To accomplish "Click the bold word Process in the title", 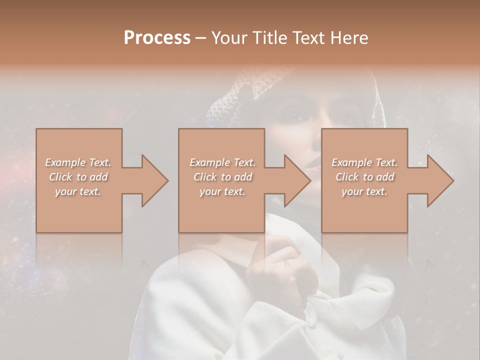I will click(157, 38).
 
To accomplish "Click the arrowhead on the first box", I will click(154, 180).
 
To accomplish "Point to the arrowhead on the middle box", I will click(297, 180).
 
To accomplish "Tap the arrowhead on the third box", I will click(440, 180).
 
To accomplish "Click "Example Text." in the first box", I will click(78, 162).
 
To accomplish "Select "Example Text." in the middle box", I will click(222, 162).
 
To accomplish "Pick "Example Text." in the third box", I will click(364, 162).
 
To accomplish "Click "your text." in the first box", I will click(78, 191).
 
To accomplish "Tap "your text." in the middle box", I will click(222, 191).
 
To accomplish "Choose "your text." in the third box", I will click(364, 191).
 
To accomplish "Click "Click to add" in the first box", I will click(78, 177).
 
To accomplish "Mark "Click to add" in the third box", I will click(364, 177).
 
